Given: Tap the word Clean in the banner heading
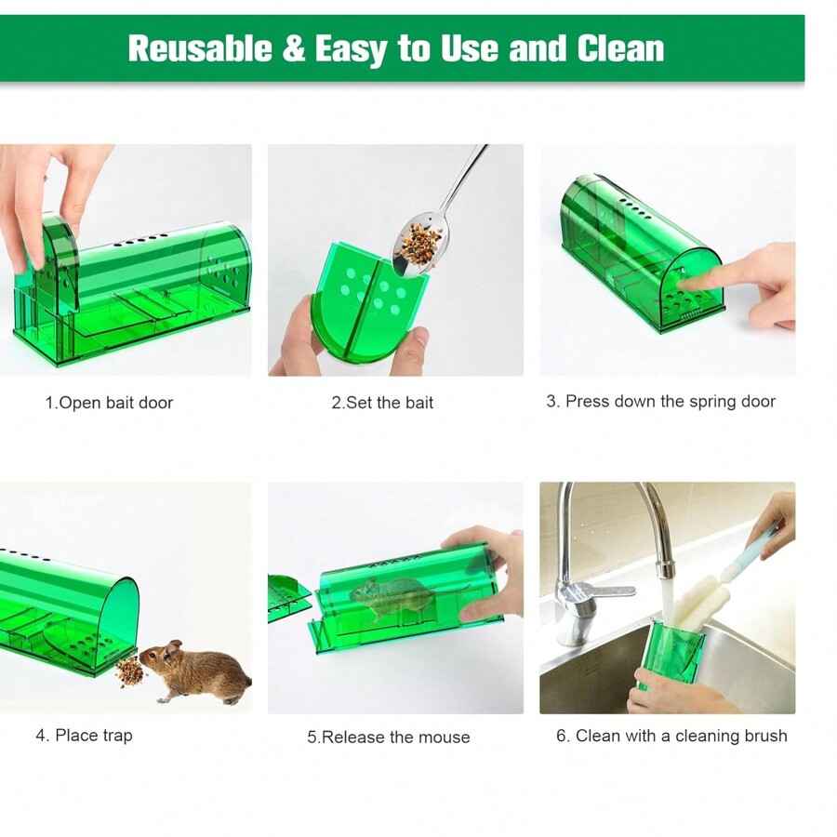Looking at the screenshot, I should tap(620, 48).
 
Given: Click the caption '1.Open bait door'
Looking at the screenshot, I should tap(109, 403).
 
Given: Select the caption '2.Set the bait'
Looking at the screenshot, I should tap(382, 403).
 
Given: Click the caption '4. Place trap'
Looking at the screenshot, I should tap(84, 736).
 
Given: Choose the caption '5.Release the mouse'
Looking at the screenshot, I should tap(388, 737).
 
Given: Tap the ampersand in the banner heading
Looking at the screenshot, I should tap(293, 48).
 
